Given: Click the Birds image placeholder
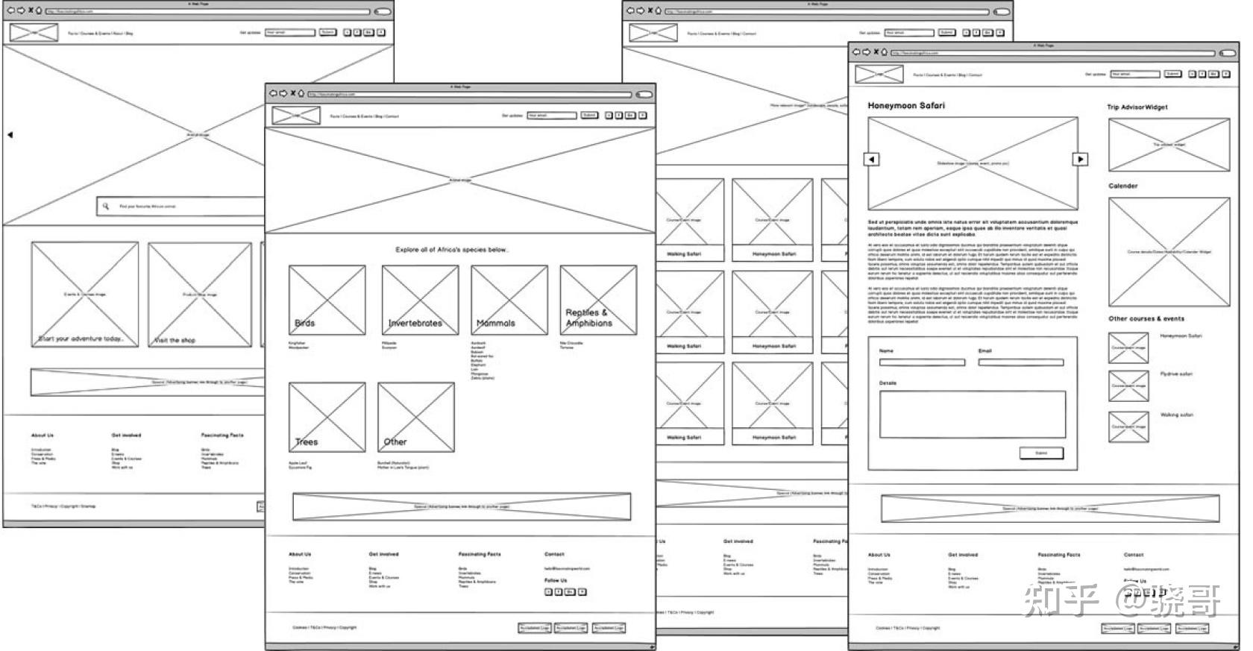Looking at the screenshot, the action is point(327,300).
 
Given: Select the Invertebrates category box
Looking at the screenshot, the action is point(420,300).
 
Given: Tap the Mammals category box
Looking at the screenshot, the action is point(509,300).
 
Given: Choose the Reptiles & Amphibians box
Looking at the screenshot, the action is point(598,300).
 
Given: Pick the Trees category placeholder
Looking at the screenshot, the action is point(327,417).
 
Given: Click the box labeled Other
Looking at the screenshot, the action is point(415,417).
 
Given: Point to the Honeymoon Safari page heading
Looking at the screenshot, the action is point(905,106).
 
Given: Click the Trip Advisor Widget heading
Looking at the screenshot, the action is point(1137,107).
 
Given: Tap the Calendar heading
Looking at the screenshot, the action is point(1122,186).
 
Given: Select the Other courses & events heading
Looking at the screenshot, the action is point(1146,318).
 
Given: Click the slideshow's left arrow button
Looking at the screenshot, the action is point(871,159).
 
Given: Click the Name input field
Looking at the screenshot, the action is point(922,362).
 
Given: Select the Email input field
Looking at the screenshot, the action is point(1020,362).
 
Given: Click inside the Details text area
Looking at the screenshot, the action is point(973,413).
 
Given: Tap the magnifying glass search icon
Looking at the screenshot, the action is point(106,206).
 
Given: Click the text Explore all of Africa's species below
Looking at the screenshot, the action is point(452,250).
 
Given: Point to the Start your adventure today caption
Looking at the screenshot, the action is point(81,339).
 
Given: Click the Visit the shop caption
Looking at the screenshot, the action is point(175,340).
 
